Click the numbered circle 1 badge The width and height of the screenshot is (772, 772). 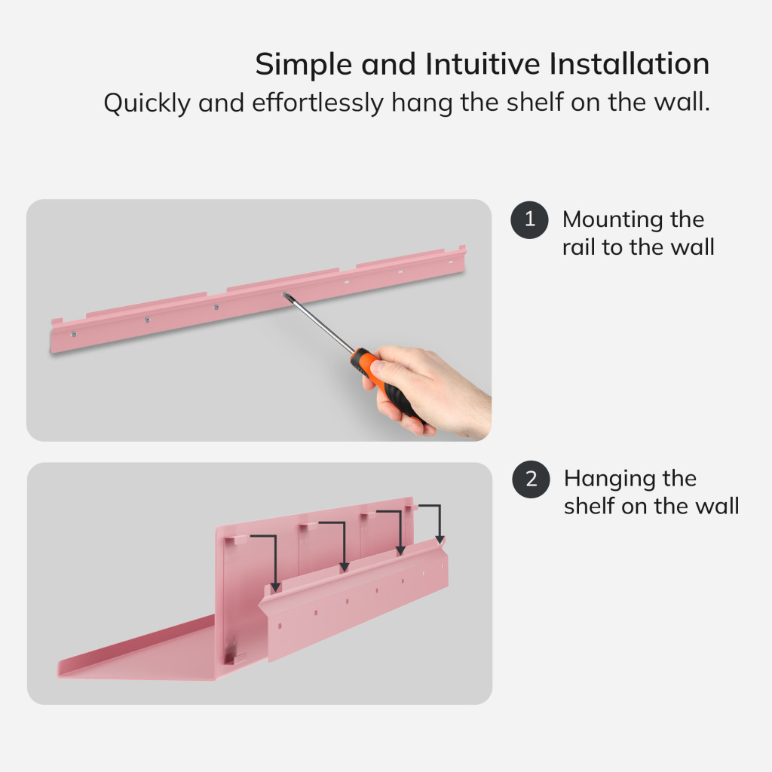529,219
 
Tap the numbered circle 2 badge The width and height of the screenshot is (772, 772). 531,479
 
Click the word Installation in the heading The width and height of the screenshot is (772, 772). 630,64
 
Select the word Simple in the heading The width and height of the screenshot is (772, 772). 303,65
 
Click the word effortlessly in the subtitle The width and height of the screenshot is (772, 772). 317,103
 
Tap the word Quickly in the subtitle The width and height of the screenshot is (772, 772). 147,103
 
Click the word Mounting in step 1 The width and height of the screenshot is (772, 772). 613,220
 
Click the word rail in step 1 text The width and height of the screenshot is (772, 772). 578,247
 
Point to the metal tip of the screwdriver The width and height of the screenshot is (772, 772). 284,295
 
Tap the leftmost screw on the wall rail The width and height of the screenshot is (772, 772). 73,334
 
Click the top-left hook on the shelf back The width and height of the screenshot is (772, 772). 235,540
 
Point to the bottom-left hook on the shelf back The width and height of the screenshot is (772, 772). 235,659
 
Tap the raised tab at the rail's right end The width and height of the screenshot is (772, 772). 462,247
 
